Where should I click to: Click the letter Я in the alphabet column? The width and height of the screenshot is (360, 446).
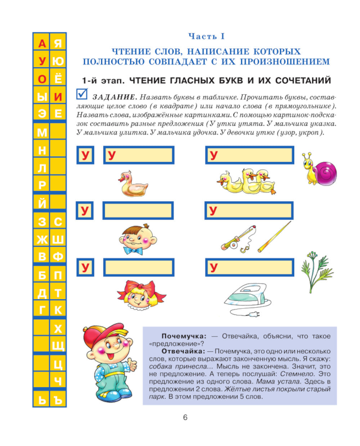(58, 44)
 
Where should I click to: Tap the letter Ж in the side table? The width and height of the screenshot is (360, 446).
(42, 239)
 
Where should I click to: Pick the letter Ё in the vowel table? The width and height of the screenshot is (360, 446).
(58, 79)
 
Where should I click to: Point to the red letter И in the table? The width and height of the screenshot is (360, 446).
(58, 97)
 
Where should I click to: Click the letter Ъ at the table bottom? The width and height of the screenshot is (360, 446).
(58, 400)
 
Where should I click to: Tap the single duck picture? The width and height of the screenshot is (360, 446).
(132, 184)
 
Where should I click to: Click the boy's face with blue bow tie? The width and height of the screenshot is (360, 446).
(138, 238)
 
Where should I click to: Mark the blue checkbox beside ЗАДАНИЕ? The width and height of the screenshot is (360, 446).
(82, 94)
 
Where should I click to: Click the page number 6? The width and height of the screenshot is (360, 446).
(185, 418)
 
